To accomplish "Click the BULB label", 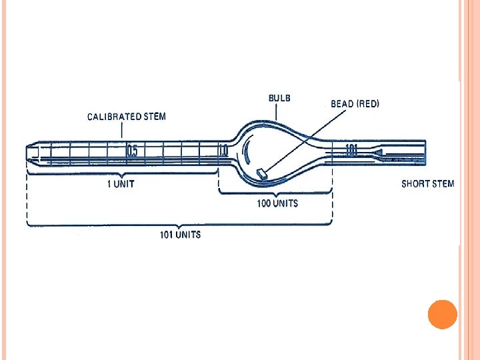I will click(x=279, y=98).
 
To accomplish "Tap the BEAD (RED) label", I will click(x=355, y=104).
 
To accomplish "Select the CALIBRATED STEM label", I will click(x=127, y=117).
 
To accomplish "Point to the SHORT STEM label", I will click(x=427, y=184).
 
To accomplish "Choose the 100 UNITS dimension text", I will click(x=277, y=203).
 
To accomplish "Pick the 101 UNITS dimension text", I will click(x=180, y=235).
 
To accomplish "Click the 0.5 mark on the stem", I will click(x=133, y=152).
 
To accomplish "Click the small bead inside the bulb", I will click(x=261, y=174).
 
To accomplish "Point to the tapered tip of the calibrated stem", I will click(x=31, y=153).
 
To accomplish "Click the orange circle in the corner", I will click(x=442, y=314).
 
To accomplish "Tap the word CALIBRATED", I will click(x=115, y=117).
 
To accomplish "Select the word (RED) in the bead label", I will click(x=367, y=104).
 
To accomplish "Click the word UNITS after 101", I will click(x=187, y=235).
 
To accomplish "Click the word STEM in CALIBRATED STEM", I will click(x=155, y=117).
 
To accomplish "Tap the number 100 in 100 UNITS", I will click(x=265, y=203).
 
